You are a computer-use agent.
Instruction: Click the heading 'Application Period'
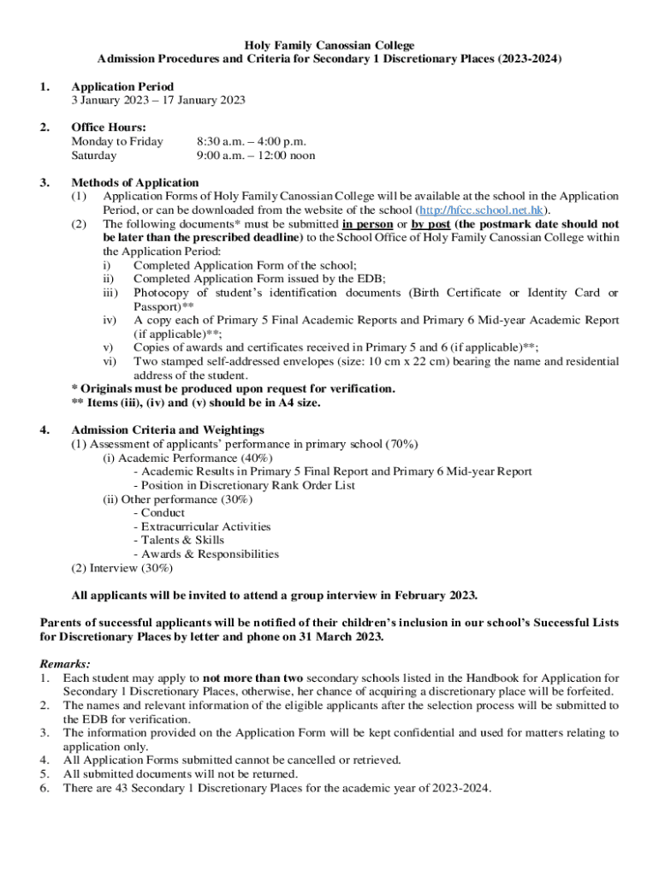122,86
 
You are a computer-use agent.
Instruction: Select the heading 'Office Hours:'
109,127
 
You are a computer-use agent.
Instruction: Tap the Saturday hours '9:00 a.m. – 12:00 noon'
255,156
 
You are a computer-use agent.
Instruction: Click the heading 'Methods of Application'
135,182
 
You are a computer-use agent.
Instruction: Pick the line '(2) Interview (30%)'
122,567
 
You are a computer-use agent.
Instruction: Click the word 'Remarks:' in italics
66,663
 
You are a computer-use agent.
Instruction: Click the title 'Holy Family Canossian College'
329,44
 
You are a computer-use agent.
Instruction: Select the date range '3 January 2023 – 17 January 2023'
158,100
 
